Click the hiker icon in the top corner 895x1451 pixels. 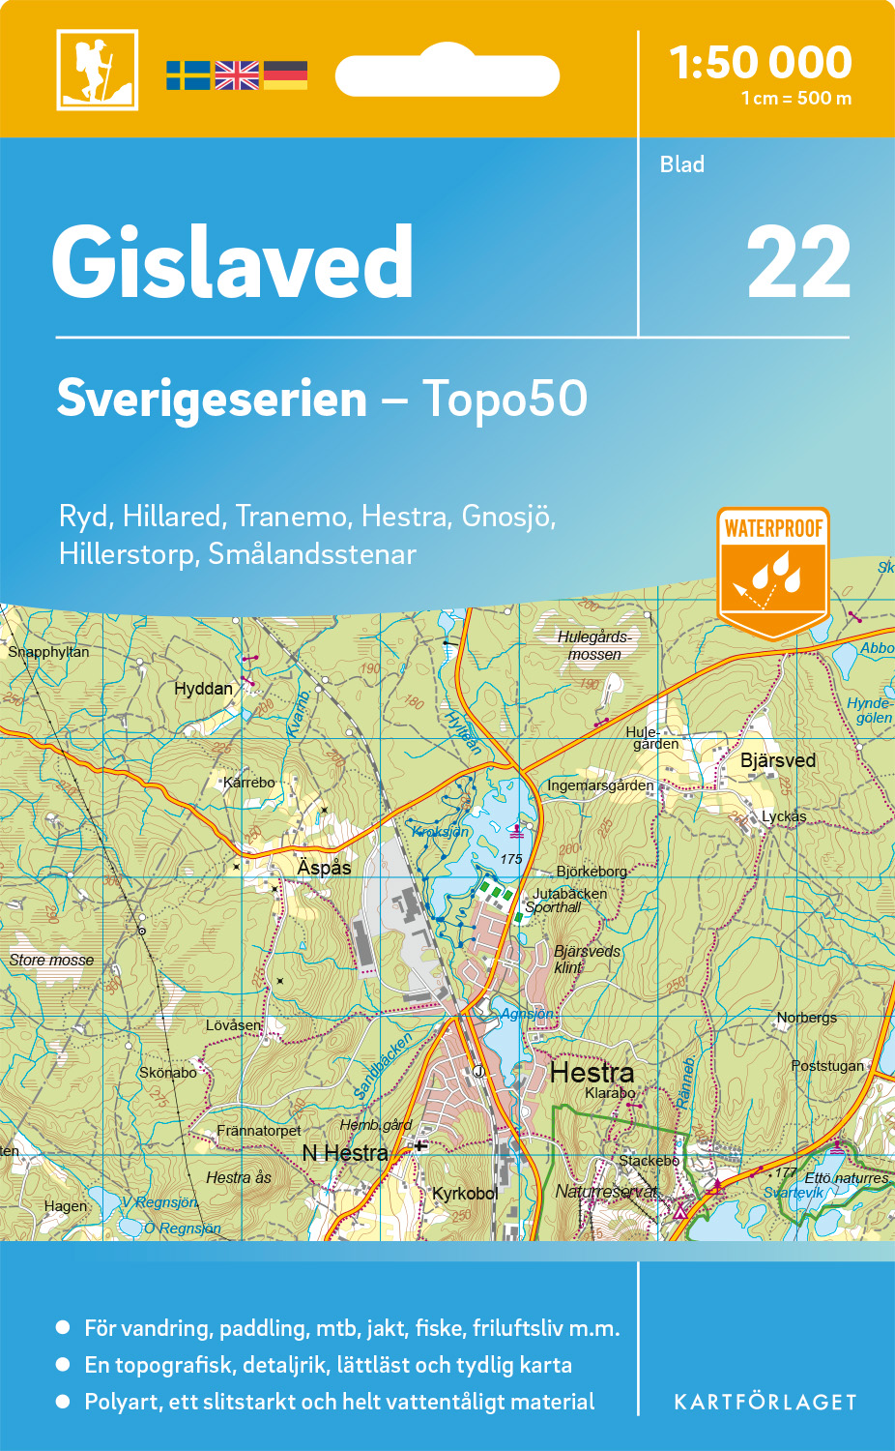(x=97, y=70)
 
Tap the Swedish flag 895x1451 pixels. (x=188, y=75)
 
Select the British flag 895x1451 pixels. (x=237, y=75)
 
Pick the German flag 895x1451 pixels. (x=285, y=75)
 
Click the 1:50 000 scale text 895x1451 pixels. (x=761, y=63)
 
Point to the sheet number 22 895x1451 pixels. (x=798, y=263)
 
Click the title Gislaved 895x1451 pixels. (x=233, y=262)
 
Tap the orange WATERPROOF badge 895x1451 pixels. (x=773, y=571)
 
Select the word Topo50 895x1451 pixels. (x=505, y=399)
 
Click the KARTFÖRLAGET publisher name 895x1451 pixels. (x=765, y=1402)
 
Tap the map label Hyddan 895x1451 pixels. (x=203, y=689)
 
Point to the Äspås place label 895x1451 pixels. (x=324, y=868)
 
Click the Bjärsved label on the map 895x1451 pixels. (x=778, y=760)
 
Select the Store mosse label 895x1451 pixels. (x=52, y=960)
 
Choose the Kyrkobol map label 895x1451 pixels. (x=465, y=1194)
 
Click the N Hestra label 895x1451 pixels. (x=345, y=1153)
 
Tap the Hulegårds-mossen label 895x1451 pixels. (x=594, y=645)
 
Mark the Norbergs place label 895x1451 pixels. (x=807, y=1018)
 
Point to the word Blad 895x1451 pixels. (x=682, y=164)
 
